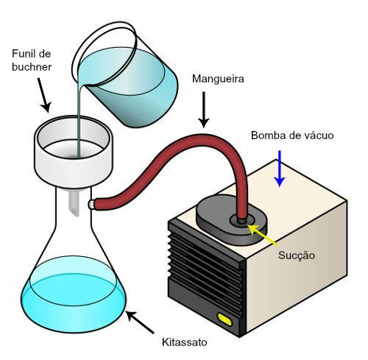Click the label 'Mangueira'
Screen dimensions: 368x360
coord(218,80)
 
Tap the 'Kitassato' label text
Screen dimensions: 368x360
coord(185,342)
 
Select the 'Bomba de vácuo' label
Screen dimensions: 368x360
coord(292,135)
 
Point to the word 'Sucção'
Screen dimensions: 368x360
coord(297,256)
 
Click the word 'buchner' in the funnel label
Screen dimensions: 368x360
coord(32,67)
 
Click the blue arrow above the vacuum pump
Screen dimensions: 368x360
coord(280,169)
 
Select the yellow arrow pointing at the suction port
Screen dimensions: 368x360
coord(263,234)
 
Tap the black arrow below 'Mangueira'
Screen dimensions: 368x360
coord(204,110)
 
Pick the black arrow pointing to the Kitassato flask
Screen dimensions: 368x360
coord(140,322)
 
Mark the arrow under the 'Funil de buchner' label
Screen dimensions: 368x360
coord(44,95)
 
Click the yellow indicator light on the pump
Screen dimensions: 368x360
coord(224,320)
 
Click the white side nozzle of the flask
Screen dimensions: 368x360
coord(91,204)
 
